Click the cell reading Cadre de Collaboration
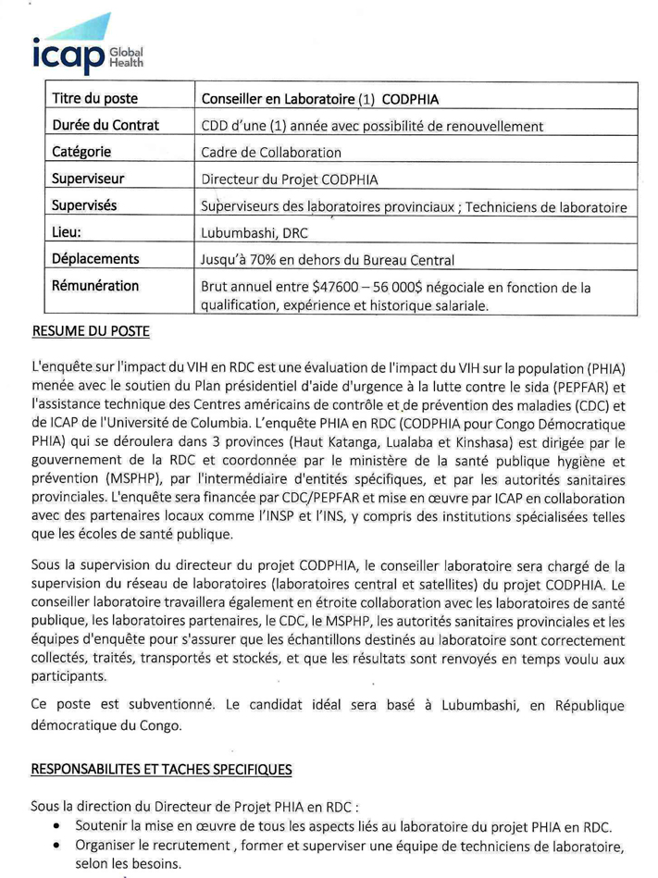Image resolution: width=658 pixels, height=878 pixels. (x=271, y=152)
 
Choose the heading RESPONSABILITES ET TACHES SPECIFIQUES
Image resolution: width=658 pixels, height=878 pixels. (x=162, y=769)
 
